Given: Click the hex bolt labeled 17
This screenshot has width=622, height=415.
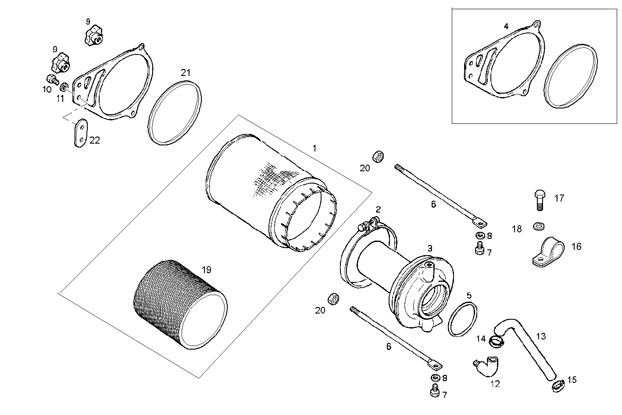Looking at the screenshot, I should point(540,200).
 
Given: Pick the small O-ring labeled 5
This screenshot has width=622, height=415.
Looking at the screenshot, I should point(463,319).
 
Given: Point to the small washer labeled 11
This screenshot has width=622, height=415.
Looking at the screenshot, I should point(64,87).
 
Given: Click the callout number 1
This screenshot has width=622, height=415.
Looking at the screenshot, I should point(314,148).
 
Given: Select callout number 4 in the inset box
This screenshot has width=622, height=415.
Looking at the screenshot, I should point(506,26).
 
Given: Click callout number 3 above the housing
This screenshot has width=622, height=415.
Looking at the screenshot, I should point(430,248).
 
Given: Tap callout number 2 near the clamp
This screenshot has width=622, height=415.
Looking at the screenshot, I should point(378,209).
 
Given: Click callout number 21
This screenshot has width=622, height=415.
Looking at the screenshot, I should point(186,73).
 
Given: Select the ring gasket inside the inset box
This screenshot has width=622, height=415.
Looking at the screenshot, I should point(571,76).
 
